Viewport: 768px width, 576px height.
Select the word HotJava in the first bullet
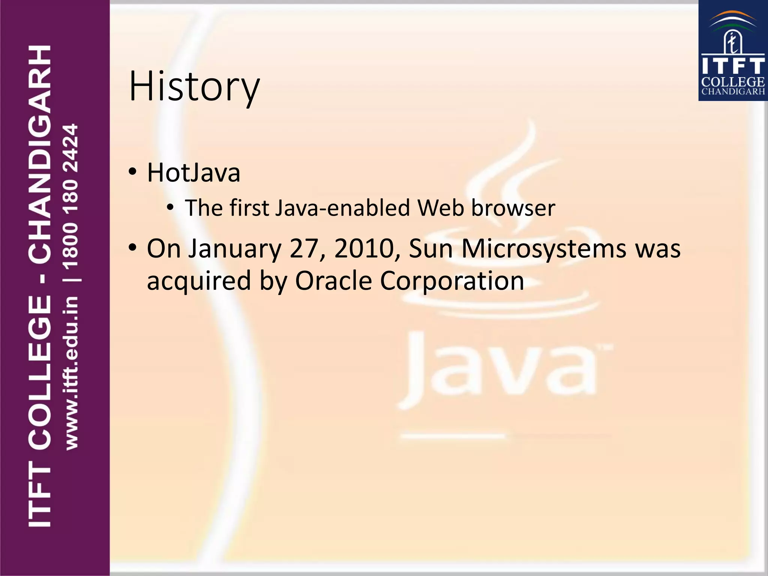[193, 173]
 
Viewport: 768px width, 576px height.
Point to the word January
[235, 249]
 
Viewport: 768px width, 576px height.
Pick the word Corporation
[452, 280]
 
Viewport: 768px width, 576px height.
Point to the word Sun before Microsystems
[431, 249]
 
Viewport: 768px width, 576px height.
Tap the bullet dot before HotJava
[132, 172]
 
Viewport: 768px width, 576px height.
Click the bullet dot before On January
[132, 248]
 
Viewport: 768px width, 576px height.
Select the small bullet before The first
[170, 207]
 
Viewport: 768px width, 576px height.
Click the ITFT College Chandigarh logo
[733, 51]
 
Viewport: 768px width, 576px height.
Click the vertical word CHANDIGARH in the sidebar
[39, 153]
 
